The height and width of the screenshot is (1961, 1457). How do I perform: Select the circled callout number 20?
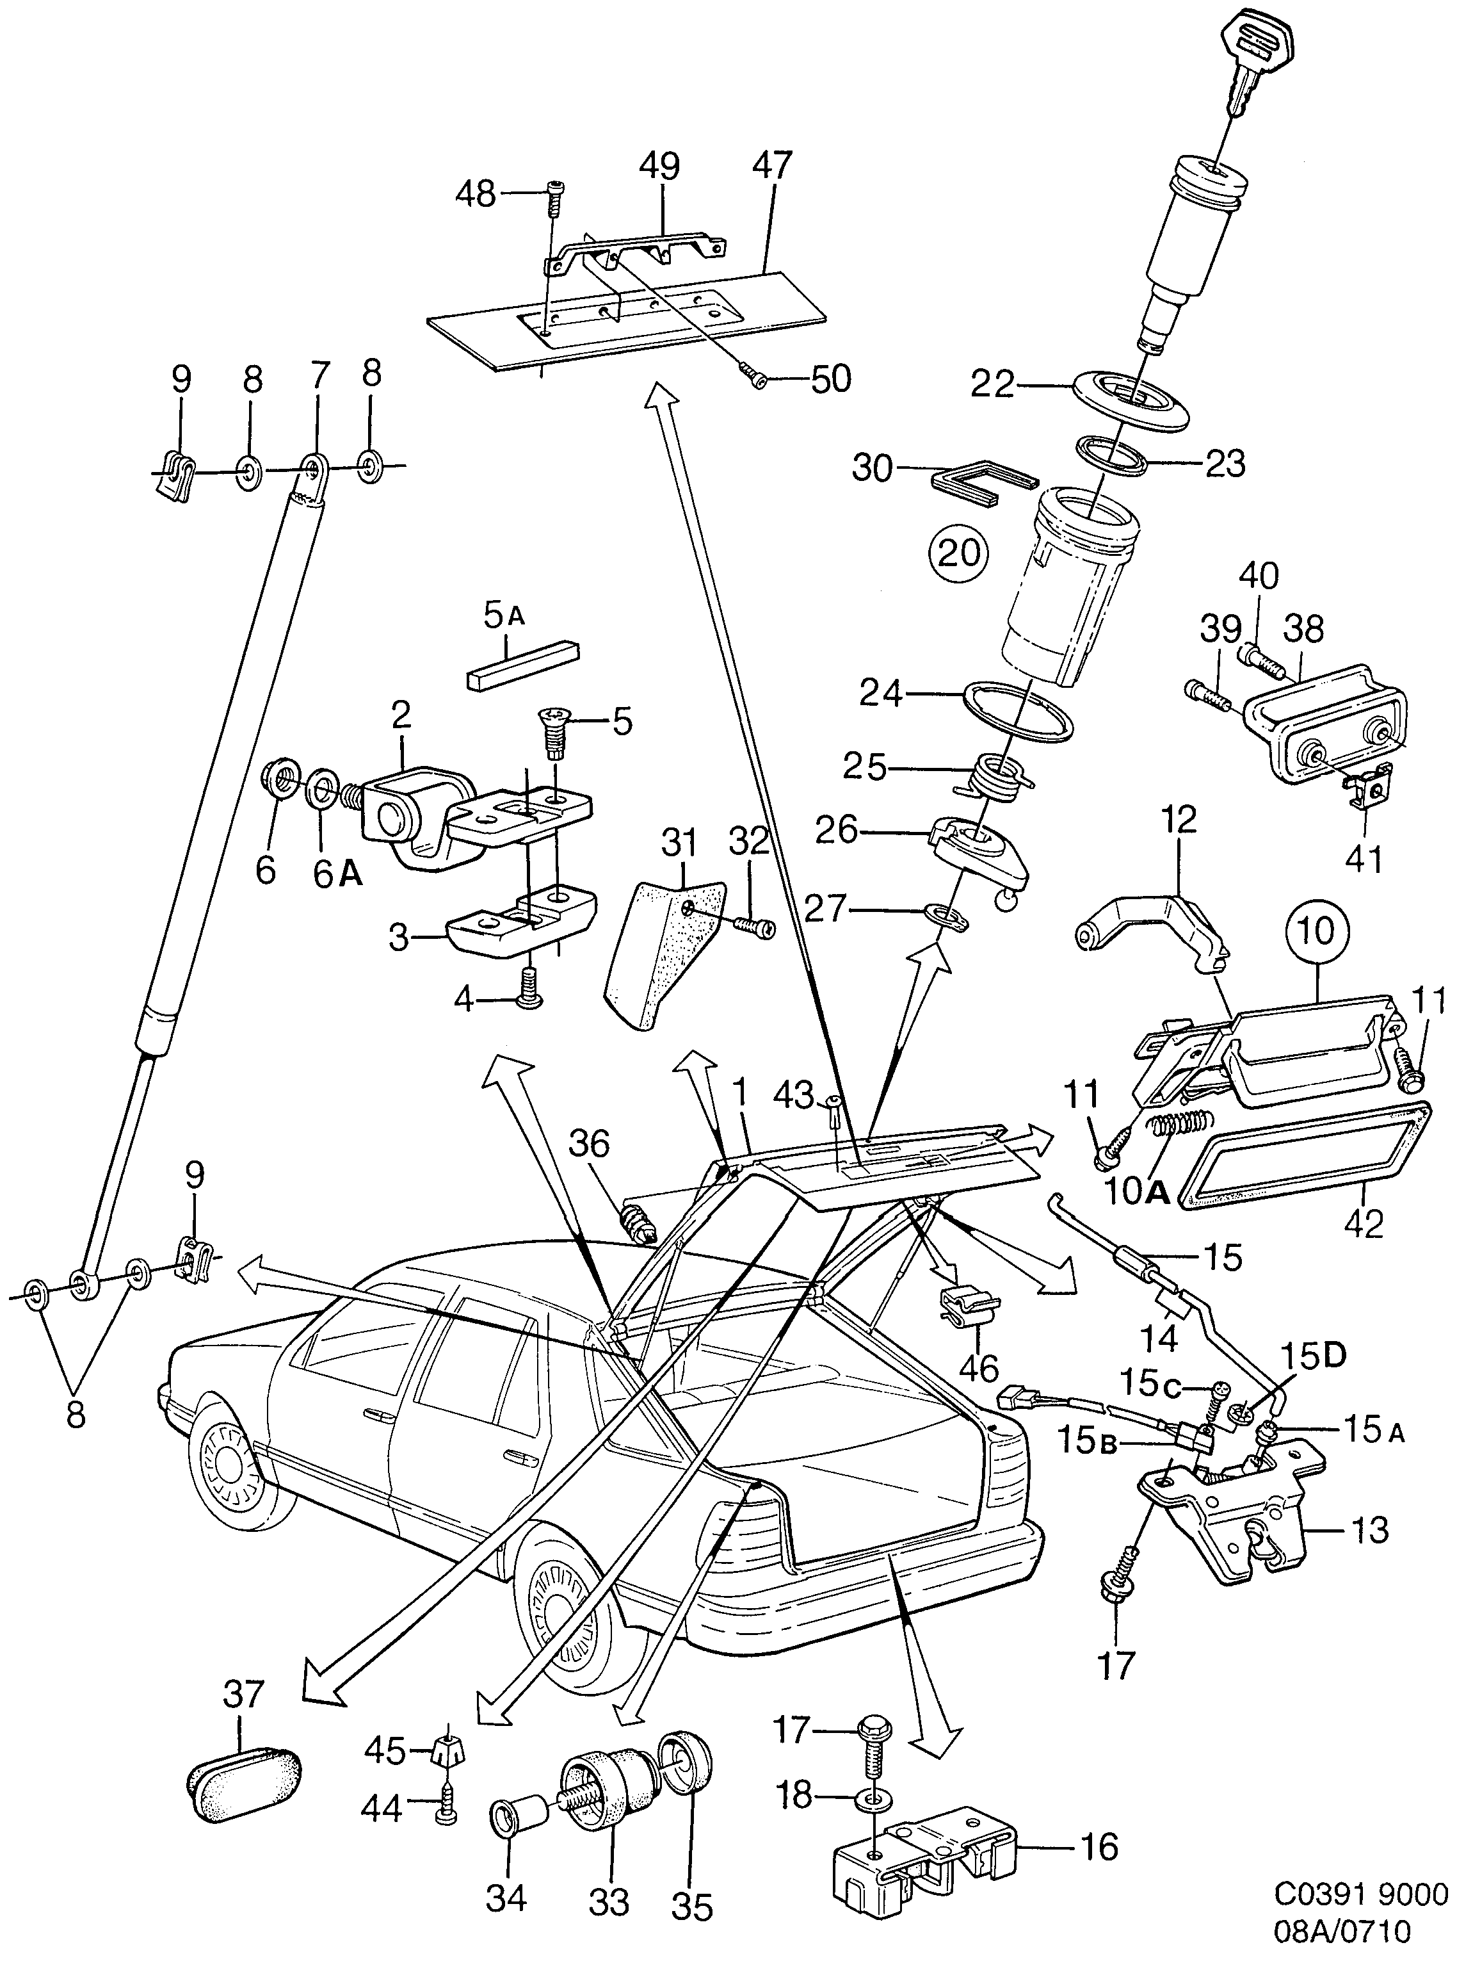point(959,553)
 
